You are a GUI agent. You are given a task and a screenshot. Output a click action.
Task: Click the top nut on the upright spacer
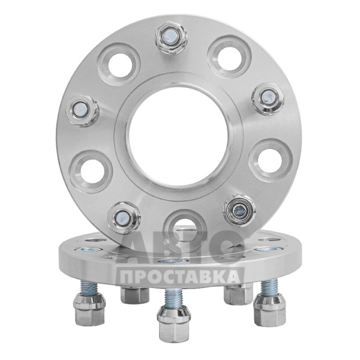click(x=171, y=38)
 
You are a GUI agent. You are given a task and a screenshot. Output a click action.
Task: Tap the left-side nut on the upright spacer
click(x=82, y=111)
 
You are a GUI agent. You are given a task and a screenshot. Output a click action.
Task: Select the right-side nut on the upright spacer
click(x=268, y=99)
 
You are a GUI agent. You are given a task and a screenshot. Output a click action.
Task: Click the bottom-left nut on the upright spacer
click(x=124, y=217)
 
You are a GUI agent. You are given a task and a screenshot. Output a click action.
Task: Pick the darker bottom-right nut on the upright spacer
click(x=239, y=210)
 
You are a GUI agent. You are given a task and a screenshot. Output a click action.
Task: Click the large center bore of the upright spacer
click(x=179, y=137)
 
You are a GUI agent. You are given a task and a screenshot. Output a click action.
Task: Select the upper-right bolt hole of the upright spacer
click(x=229, y=57)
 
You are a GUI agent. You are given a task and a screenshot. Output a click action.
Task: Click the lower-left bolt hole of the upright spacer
click(x=91, y=172)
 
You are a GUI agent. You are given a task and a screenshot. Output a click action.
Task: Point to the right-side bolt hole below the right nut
click(x=270, y=160)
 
